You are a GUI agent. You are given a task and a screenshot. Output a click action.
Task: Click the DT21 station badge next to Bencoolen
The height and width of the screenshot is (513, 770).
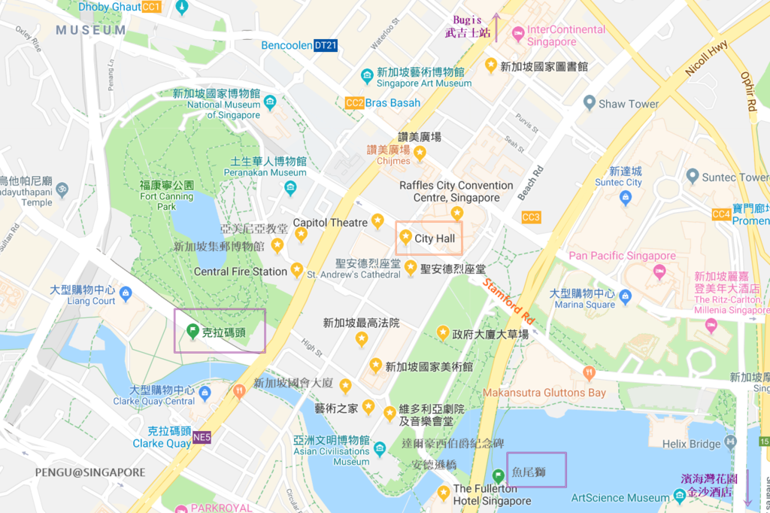click(326, 46)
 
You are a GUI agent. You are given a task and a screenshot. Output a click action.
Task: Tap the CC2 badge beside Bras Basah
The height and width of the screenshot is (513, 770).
click(354, 103)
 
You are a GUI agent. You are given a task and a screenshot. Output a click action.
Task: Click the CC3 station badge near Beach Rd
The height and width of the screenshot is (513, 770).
click(531, 217)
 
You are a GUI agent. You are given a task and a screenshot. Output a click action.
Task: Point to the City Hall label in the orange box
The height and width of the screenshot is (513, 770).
click(435, 238)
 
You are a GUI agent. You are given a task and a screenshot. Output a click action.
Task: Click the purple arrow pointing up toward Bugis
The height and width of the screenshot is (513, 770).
click(496, 27)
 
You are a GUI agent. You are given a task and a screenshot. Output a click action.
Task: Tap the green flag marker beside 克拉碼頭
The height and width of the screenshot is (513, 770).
click(192, 330)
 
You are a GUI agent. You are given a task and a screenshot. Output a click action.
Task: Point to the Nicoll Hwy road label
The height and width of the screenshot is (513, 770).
click(706, 58)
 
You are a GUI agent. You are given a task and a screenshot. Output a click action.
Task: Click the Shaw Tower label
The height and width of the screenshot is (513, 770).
click(628, 104)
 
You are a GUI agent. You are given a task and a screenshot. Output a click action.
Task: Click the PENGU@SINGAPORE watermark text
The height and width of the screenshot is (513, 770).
click(89, 472)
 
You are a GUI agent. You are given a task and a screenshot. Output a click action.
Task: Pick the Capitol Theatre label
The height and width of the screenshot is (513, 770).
click(330, 223)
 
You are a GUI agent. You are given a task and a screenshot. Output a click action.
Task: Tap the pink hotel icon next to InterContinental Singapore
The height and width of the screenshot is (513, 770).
click(517, 34)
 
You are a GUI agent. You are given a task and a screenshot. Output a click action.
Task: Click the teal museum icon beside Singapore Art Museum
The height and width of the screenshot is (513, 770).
click(366, 76)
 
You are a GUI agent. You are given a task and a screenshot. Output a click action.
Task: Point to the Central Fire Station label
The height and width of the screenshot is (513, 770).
click(240, 272)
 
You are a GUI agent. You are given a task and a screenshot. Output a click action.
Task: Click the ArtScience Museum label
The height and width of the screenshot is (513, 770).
click(620, 498)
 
